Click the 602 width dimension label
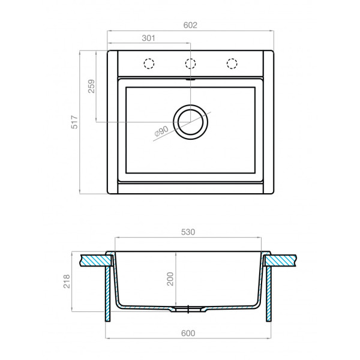190,25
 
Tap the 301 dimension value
149,38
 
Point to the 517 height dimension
74,123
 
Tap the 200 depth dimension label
170,279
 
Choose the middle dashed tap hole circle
191,63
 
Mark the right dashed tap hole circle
232,63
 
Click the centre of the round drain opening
191,121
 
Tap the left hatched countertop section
96,260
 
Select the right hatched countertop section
282,260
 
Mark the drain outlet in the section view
190,310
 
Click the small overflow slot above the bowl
191,78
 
